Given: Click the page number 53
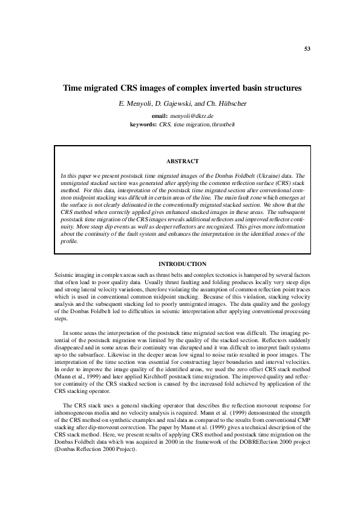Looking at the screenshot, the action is pyautogui.click(x=307, y=49).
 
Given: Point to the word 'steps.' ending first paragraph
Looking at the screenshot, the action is pyautogui.click(x=62, y=318).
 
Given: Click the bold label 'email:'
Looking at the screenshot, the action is pyautogui.click(x=159, y=115).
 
